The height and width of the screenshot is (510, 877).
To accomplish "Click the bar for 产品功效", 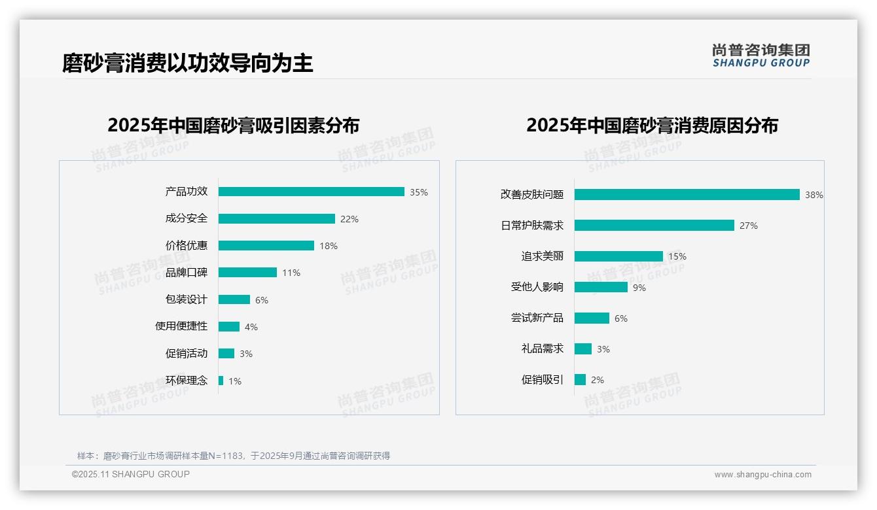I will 311,192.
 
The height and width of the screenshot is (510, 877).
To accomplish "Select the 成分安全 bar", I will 276,218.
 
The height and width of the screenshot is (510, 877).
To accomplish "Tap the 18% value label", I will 329,246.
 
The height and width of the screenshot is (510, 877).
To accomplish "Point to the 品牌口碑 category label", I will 187,272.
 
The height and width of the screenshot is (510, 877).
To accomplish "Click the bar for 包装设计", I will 234,299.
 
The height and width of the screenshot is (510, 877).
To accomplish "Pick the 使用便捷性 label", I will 181,326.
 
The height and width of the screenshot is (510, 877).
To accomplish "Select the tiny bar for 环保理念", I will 221,381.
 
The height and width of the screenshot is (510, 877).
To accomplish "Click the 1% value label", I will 235,381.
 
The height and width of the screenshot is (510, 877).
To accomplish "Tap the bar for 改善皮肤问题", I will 687,194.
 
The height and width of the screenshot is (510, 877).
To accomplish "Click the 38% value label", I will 814,195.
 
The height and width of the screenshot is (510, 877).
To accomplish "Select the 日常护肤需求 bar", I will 654,225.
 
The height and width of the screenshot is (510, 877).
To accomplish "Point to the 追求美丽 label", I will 543,256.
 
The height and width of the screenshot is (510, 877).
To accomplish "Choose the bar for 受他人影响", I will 601,287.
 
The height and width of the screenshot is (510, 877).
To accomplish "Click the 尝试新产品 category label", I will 537,318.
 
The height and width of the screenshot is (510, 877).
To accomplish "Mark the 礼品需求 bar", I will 583,348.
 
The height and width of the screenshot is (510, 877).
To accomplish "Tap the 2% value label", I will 598,380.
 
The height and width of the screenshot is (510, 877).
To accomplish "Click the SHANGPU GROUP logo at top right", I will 761,56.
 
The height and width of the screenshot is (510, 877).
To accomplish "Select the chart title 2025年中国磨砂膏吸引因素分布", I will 234,126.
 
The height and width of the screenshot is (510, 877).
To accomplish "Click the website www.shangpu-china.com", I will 762,475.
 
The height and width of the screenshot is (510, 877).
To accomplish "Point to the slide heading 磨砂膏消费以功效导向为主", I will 188,63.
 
